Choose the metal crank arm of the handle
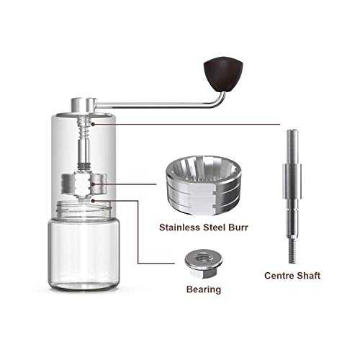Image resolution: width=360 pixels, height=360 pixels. (166, 105)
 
